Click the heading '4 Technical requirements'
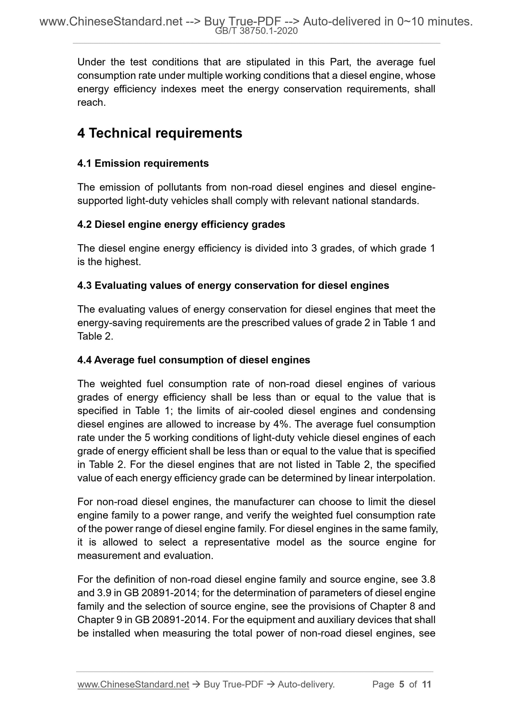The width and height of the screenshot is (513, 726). point(160,133)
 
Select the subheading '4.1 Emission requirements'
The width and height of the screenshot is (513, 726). point(143,164)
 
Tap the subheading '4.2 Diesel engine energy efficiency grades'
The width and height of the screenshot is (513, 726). point(181,224)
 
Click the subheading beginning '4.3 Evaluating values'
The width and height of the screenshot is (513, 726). point(233,286)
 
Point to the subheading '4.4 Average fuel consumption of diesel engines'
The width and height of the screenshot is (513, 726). point(193,360)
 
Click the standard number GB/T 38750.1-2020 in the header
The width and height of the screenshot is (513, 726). point(256,31)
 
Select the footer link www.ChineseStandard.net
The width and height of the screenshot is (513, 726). point(133,685)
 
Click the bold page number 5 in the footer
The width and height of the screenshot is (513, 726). point(401,685)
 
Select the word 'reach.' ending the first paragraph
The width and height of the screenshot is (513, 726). point(91,102)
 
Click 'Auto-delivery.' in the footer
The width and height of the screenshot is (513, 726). point(306,685)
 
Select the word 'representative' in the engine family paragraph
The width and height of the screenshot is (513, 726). point(237,542)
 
